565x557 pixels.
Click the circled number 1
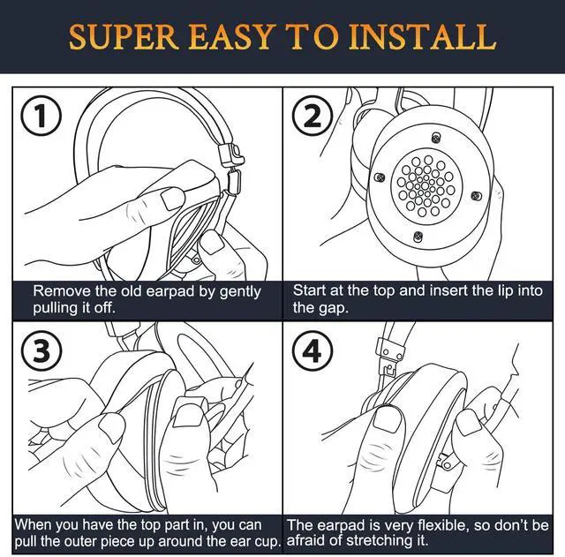[41, 116]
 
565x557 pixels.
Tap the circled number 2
[312, 116]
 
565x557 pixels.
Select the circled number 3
[41, 351]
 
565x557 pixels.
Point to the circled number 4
[312, 351]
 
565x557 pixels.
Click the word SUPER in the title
[124, 37]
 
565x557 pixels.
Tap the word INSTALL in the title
[422, 37]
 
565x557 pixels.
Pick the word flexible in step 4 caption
[442, 525]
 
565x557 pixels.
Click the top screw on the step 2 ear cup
[436, 138]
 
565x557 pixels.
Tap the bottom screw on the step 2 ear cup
[418, 236]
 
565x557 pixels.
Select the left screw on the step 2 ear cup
[379, 177]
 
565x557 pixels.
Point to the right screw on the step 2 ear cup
[476, 196]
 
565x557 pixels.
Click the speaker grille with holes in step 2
[426, 185]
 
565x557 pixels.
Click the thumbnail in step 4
[388, 418]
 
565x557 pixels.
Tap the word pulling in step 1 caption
[56, 309]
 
